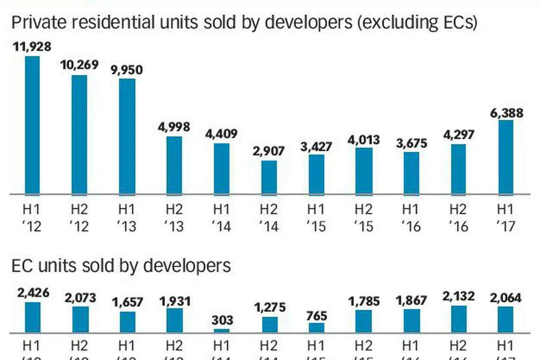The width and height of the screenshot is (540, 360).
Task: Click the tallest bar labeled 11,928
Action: pyautogui.click(x=32, y=125)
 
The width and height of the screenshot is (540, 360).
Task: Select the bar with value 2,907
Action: pyautogui.click(x=269, y=177)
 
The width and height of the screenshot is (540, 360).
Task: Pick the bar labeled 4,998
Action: pyautogui.click(x=174, y=165)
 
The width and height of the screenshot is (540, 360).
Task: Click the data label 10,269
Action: pyautogui.click(x=80, y=64)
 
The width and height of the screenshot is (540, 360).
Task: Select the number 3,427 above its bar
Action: pyautogui.click(x=316, y=145)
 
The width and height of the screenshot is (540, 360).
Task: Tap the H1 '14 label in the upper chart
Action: pyautogui.click(x=222, y=217)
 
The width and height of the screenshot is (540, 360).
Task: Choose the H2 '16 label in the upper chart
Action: pyautogui.click(x=458, y=217)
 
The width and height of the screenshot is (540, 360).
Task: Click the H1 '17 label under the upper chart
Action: pyautogui.click(x=505, y=217)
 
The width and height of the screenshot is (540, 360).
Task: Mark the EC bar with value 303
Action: pyautogui.click(x=222, y=330)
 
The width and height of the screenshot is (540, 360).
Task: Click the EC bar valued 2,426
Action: pyautogui.click(x=32, y=317)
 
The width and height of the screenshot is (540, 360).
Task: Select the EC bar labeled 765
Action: pyautogui.click(x=316, y=327)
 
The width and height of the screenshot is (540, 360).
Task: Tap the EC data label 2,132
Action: pyautogui.click(x=458, y=297)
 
